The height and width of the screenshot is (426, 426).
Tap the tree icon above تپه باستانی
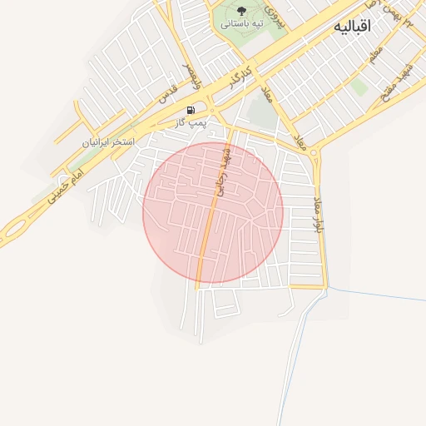pos(242,11)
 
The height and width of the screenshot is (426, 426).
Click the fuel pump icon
pos(191,110)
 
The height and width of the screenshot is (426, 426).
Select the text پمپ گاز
pos(191,122)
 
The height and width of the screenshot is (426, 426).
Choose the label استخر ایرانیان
pos(108,141)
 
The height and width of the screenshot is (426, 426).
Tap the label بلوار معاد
pos(318,215)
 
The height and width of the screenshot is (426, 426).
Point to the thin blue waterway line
pos(374,294)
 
